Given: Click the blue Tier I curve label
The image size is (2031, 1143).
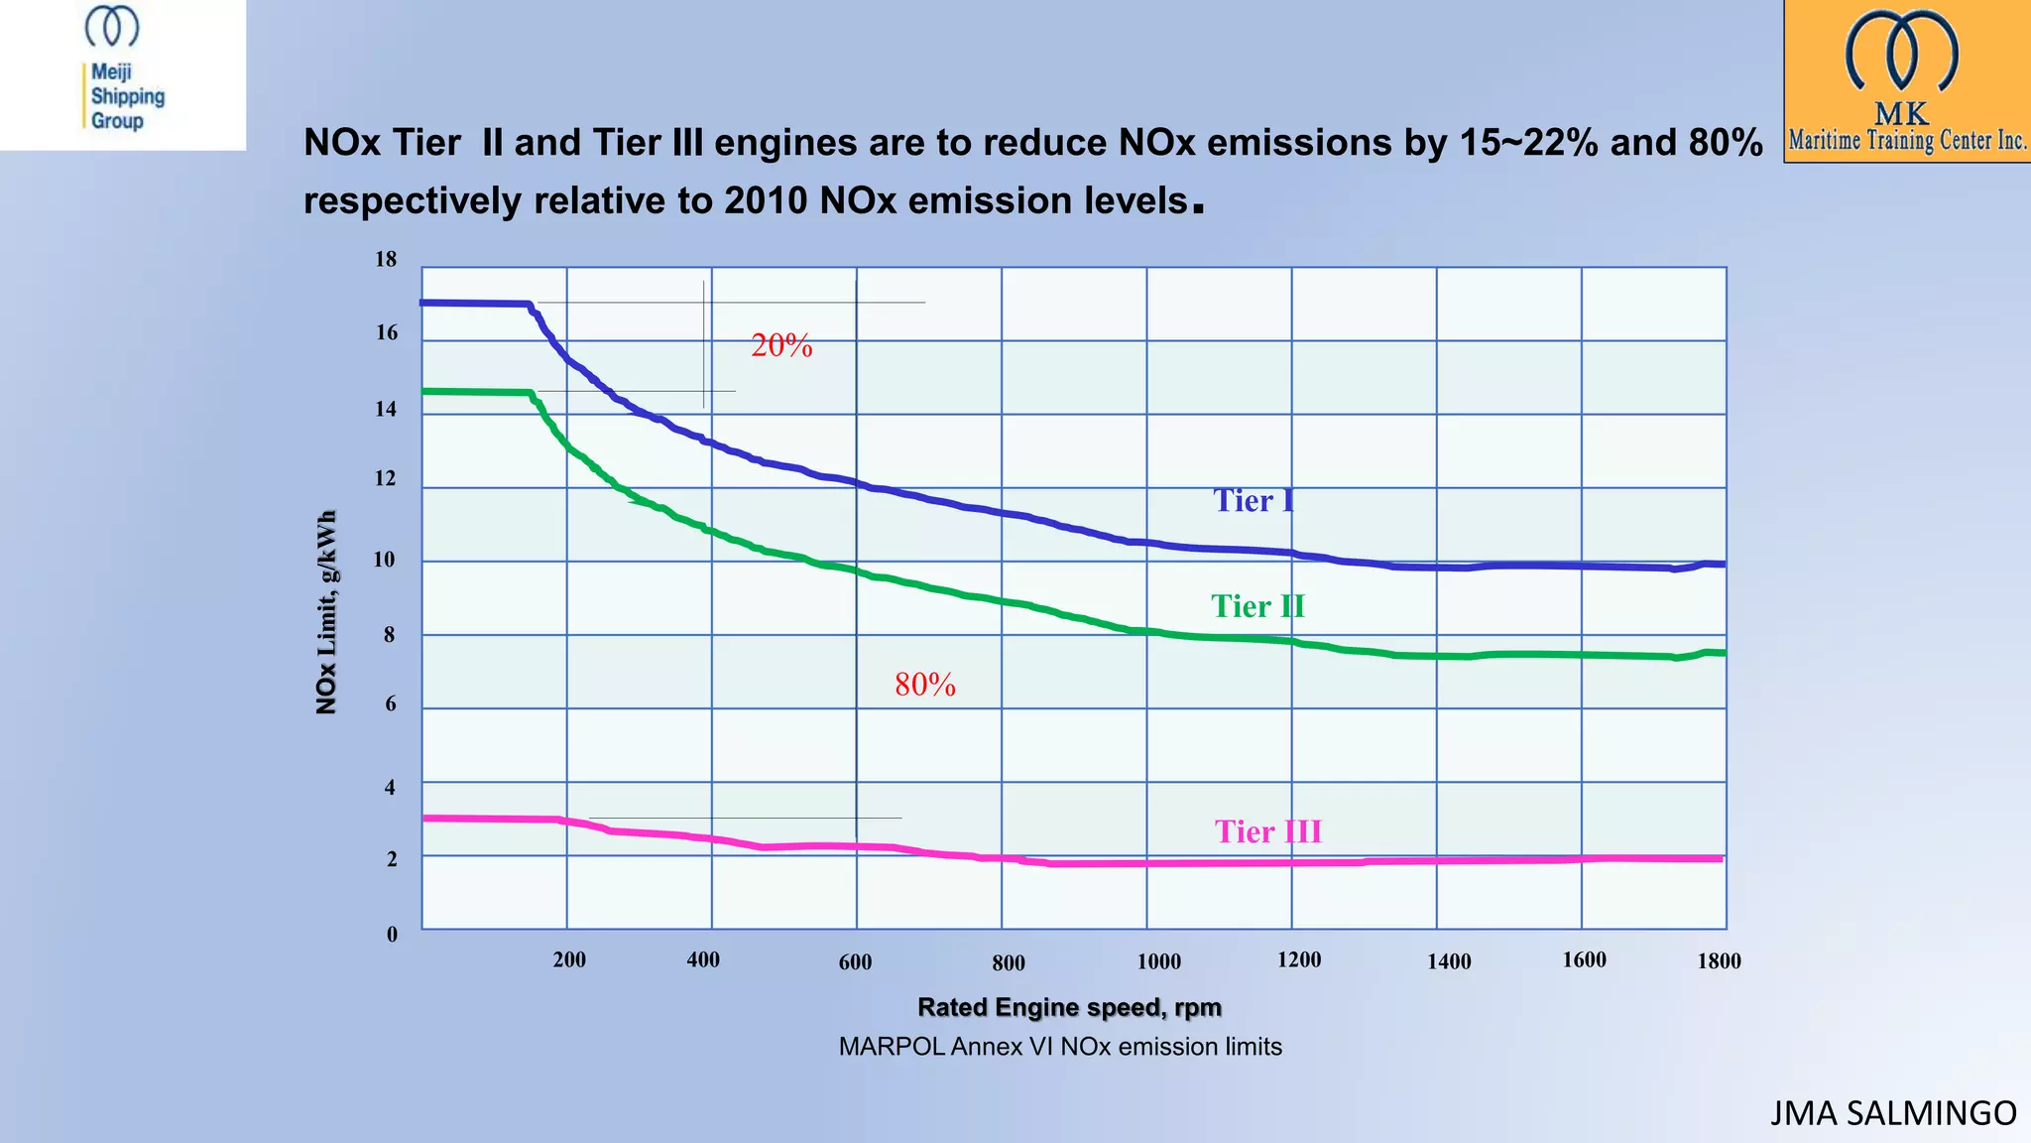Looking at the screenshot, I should pyautogui.click(x=1254, y=500).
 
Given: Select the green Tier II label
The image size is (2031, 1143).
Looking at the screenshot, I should pyautogui.click(x=1257, y=606).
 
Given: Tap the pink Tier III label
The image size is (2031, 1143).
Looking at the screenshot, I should pyautogui.click(x=1267, y=831).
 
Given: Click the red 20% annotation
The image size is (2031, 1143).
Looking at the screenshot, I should pyautogui.click(x=781, y=345).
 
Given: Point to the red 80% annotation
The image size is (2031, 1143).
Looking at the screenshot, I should pyautogui.click(x=924, y=685).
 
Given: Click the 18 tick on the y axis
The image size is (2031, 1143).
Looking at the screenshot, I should pyautogui.click(x=385, y=260).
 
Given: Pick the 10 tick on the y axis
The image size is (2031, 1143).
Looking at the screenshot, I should pyautogui.click(x=384, y=560).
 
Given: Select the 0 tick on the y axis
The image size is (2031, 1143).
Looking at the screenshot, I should pyautogui.click(x=392, y=935).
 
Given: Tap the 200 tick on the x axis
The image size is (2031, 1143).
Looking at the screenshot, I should pyautogui.click(x=569, y=960).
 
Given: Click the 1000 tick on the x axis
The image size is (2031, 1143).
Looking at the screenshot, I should pyautogui.click(x=1158, y=961).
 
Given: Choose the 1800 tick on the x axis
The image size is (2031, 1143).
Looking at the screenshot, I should pyautogui.click(x=1719, y=961).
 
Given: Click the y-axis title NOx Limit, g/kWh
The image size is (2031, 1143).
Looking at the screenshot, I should pyautogui.click(x=326, y=612).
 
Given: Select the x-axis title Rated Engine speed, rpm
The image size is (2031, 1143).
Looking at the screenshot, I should pyautogui.click(x=1069, y=1008).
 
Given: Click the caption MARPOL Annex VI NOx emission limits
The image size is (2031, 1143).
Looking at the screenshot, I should pyautogui.click(x=1060, y=1047).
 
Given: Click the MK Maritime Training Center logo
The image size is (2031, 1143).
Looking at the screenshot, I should pyautogui.click(x=1906, y=81).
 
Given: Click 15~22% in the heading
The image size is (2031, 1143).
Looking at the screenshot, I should pyautogui.click(x=1528, y=143).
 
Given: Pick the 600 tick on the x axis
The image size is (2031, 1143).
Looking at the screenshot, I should pyautogui.click(x=855, y=962).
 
